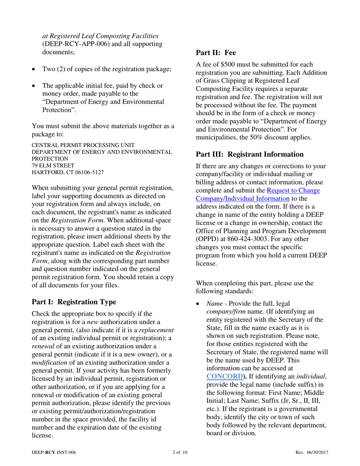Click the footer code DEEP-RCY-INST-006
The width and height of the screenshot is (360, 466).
[x=56, y=453]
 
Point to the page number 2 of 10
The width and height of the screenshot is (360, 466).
[x=180, y=453]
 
